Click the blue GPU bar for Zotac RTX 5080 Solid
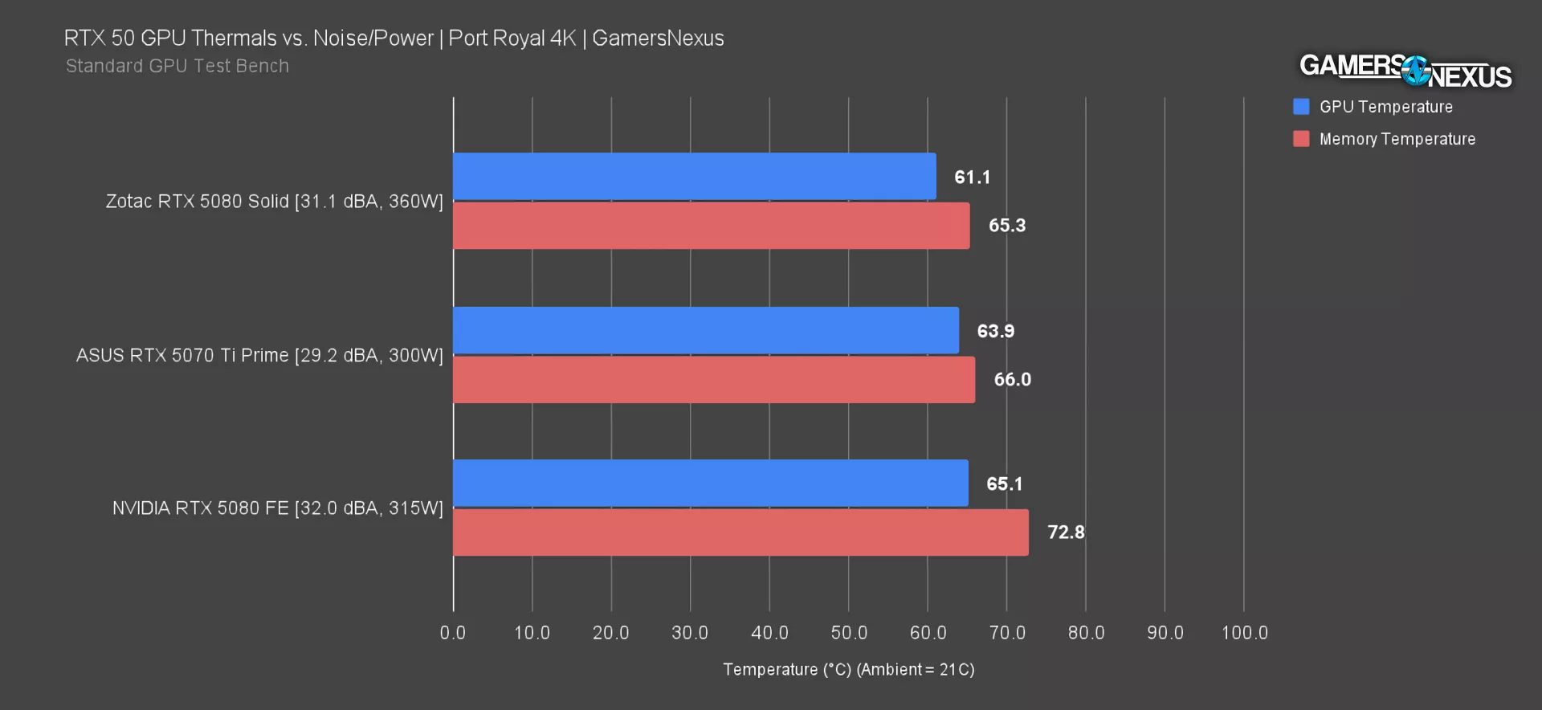(x=694, y=177)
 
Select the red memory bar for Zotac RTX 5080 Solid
(x=711, y=226)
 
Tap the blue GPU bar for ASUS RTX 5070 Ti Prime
(x=705, y=330)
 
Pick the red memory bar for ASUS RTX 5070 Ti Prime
(x=713, y=380)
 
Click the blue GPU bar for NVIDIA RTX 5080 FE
(x=710, y=484)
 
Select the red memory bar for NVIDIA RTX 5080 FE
(x=740, y=532)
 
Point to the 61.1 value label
(x=972, y=177)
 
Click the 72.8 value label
(x=1066, y=532)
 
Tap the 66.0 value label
(x=1012, y=380)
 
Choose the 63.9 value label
(x=995, y=331)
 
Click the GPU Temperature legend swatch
(x=1301, y=107)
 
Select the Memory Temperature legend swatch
(x=1301, y=139)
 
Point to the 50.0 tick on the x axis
(x=849, y=633)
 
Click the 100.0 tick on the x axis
(x=1244, y=633)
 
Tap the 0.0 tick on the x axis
(x=453, y=633)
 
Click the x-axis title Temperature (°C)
(x=848, y=670)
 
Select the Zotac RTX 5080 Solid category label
(x=274, y=202)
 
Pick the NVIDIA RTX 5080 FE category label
(x=277, y=508)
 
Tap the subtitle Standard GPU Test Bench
(x=177, y=66)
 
